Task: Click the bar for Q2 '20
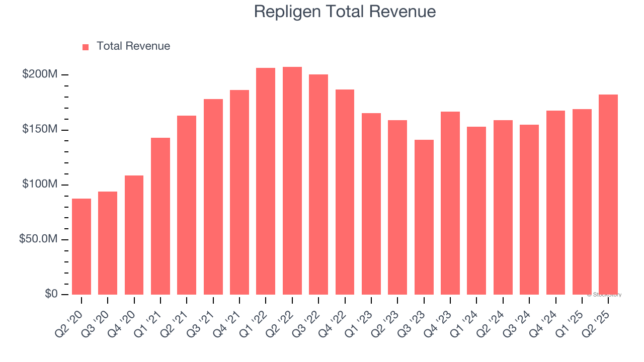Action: click(x=82, y=246)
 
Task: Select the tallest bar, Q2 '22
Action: click(x=292, y=181)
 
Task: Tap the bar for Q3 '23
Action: click(x=424, y=217)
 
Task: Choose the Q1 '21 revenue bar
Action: click(x=160, y=216)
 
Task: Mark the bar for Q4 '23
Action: click(x=450, y=203)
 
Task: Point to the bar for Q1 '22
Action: click(x=266, y=181)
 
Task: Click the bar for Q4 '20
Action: click(x=134, y=235)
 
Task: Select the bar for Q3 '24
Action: click(x=529, y=210)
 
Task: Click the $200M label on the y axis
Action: click(x=40, y=74)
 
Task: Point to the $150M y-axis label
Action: click(x=40, y=129)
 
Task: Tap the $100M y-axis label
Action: click(x=40, y=184)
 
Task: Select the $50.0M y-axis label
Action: click(x=38, y=239)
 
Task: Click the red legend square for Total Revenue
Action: click(x=86, y=47)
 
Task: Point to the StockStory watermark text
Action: click(x=604, y=295)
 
